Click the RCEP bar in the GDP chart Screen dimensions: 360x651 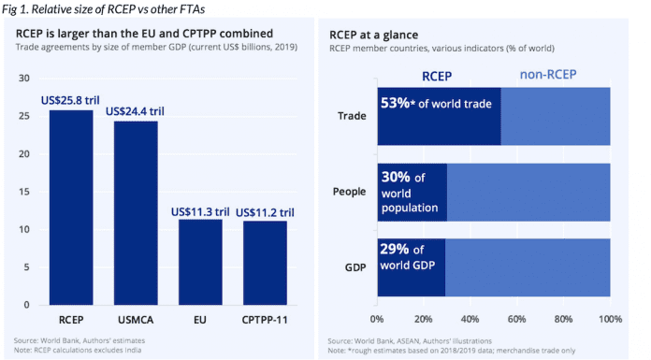point(71,207)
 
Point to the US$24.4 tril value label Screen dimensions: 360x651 point(137,111)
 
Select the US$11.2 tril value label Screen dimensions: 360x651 point(266,211)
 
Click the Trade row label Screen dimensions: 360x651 point(352,116)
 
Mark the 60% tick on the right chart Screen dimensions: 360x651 point(517,318)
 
